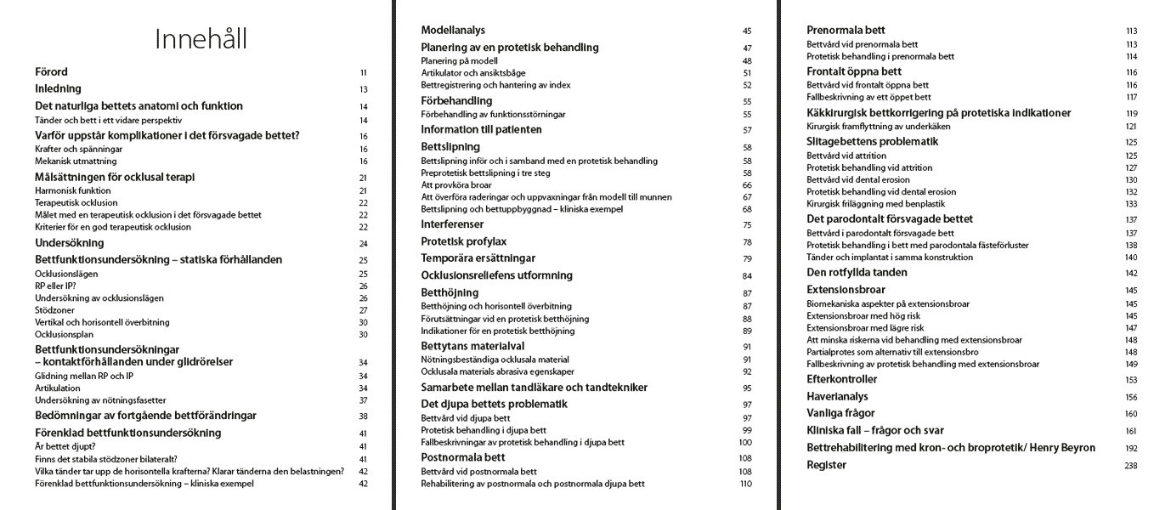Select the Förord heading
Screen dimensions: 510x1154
pyautogui.click(x=51, y=72)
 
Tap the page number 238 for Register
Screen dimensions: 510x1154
pyautogui.click(x=1130, y=465)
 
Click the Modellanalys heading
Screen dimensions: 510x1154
pyautogui.click(x=454, y=31)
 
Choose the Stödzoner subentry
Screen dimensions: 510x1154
pyautogui.click(x=52, y=310)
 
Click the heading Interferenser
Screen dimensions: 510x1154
pyautogui.click(x=452, y=224)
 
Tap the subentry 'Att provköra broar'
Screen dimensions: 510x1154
pyautogui.click(x=456, y=184)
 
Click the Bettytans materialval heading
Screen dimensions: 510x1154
pyautogui.click(x=472, y=346)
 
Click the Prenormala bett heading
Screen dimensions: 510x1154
pyautogui.click(x=845, y=31)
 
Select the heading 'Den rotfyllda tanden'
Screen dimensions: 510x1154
pyautogui.click(x=857, y=273)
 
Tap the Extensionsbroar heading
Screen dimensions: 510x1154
pyautogui.click(x=846, y=290)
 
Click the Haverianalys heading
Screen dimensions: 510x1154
pyautogui.click(x=840, y=396)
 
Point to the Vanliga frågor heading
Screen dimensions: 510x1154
pyautogui.click(x=840, y=413)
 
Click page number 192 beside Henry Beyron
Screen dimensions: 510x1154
pyautogui.click(x=1130, y=448)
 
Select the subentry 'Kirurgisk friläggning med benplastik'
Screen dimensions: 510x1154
pyautogui.click(x=876, y=204)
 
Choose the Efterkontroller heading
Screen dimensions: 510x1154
pyautogui.click(x=841, y=379)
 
